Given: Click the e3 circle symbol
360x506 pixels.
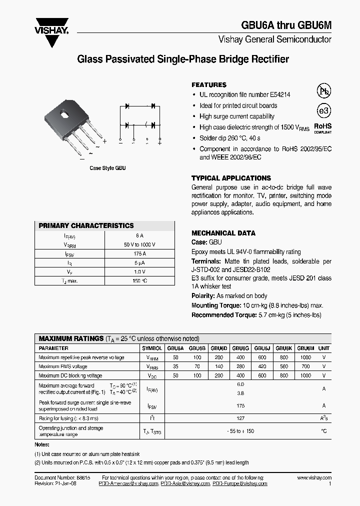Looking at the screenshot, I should (324, 110).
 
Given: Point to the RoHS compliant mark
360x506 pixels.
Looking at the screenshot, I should (322, 128).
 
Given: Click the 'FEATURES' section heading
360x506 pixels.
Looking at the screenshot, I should (209, 85).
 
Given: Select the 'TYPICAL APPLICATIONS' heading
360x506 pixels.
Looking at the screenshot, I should (231, 178).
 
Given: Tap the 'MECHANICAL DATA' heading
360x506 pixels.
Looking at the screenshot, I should (223, 233).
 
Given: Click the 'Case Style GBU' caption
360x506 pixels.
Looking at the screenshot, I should (107, 168).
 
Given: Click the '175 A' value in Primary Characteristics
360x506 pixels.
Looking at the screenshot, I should (139, 254).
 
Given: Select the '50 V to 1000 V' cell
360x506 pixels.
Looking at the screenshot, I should (139, 244).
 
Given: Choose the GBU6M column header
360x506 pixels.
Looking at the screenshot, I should (305, 348).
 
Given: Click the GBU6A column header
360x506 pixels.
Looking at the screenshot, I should (175, 348).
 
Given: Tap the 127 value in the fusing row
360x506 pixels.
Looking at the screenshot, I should (240, 418).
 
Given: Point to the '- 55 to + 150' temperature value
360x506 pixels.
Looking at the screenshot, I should (240, 431).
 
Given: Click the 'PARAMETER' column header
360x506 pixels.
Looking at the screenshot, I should (53, 348).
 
